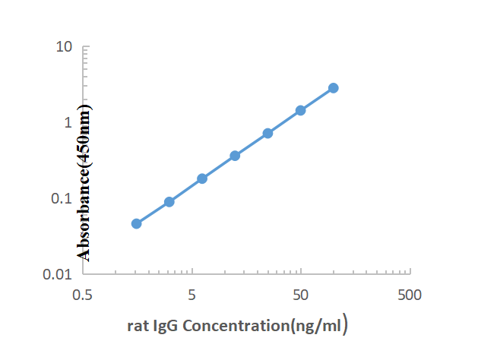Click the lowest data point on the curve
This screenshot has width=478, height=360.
(137, 223)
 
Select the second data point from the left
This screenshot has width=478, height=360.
(169, 202)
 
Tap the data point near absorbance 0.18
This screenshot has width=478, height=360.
(202, 178)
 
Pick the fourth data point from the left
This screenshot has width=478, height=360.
(235, 156)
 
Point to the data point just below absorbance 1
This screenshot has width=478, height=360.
(267, 133)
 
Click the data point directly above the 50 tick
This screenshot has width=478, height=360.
(301, 110)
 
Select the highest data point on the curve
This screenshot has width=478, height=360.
(334, 88)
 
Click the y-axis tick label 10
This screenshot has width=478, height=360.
(64, 47)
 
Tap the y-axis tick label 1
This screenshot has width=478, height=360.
(68, 122)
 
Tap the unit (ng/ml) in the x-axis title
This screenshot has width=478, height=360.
(315, 327)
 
